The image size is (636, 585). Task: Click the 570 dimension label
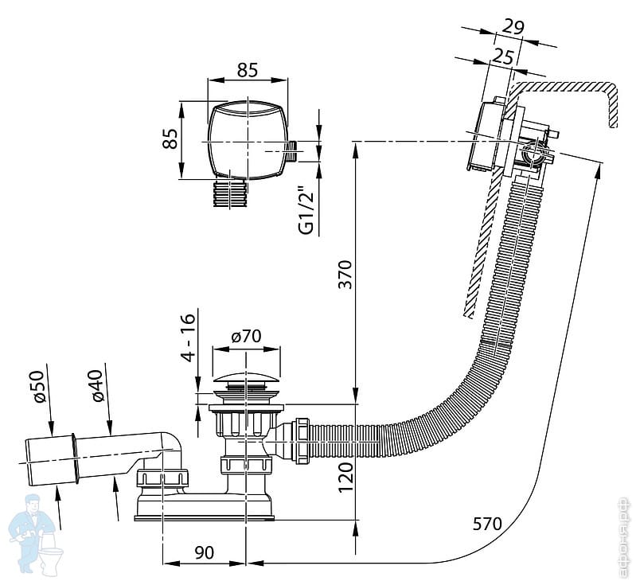[x=487, y=524]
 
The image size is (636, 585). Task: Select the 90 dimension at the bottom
[x=205, y=550]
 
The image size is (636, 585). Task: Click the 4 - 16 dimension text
[x=188, y=338]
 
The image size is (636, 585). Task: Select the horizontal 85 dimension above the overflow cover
[x=247, y=70]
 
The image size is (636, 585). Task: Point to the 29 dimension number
[x=514, y=27]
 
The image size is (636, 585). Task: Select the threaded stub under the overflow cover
[x=232, y=193]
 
